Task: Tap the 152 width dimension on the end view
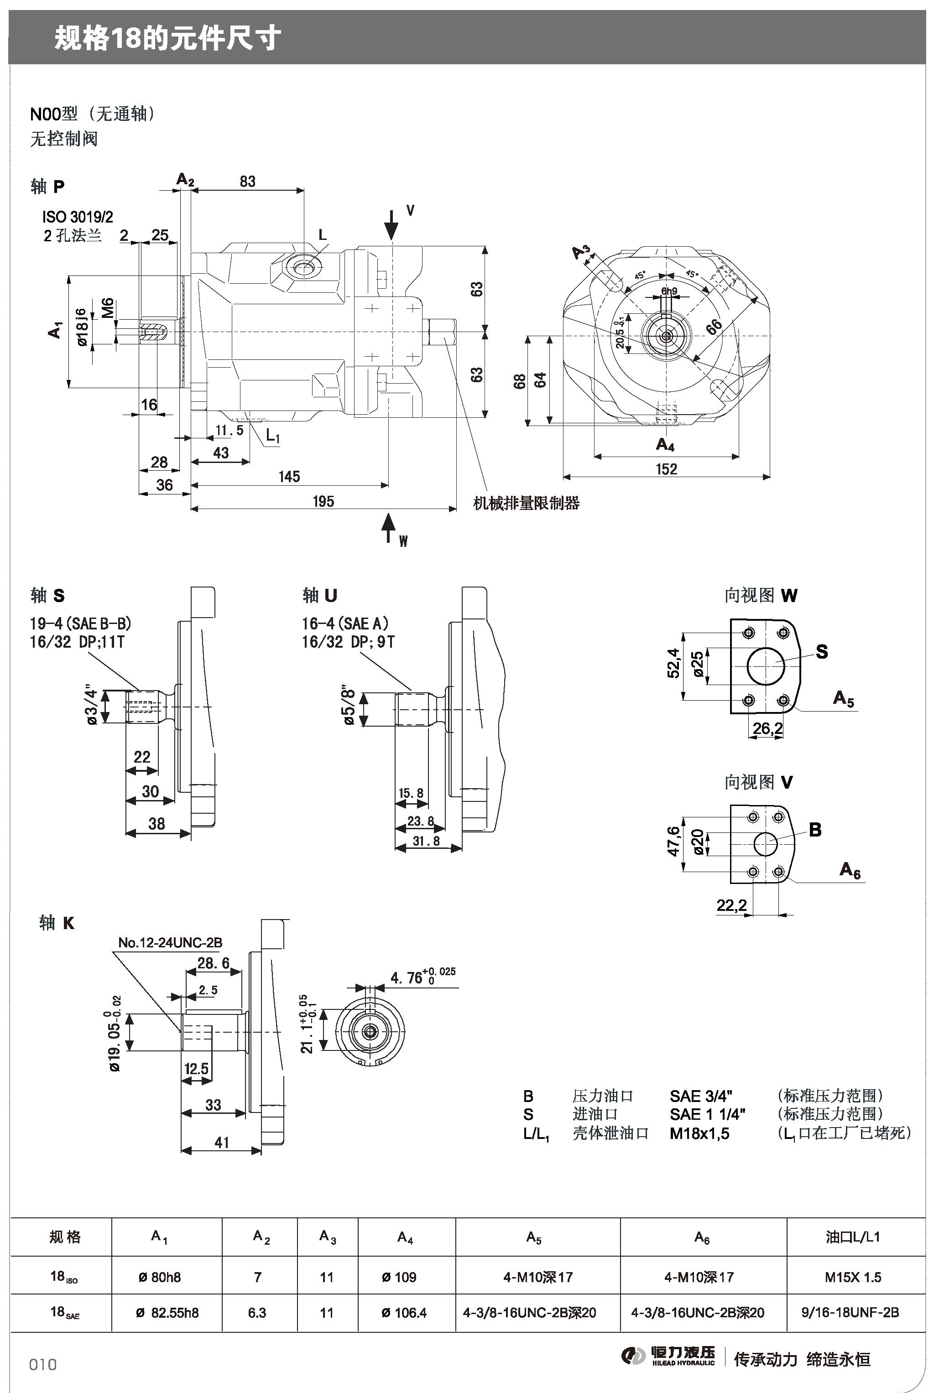coord(666,469)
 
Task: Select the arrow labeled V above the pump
coord(391,224)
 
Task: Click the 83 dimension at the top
coord(247,182)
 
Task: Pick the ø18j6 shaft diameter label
coord(82,327)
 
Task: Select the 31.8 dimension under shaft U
coord(426,841)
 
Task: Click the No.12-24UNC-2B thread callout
coord(170,943)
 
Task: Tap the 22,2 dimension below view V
coord(731,904)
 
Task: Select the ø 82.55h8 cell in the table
coord(167,1313)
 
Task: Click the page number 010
coord(43,1364)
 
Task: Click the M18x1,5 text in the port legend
coord(699,1133)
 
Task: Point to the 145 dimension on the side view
coord(289,477)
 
